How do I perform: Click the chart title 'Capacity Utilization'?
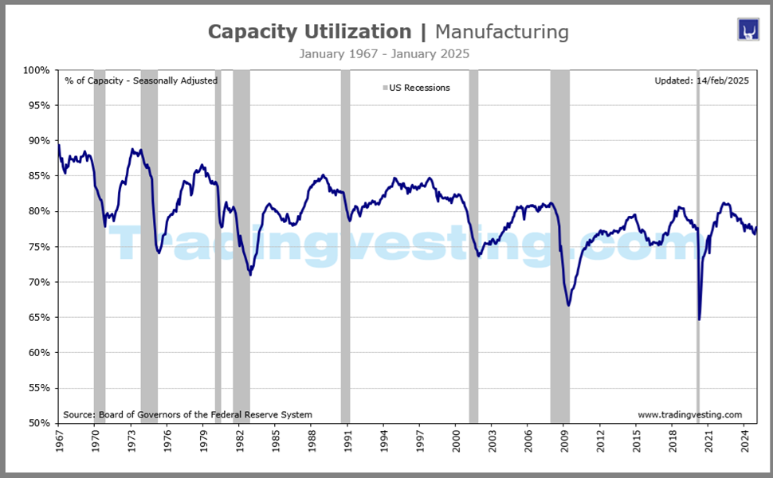point(309,32)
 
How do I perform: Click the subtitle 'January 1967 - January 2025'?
point(384,54)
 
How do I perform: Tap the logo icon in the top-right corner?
point(747,30)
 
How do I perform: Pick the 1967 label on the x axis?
point(59,443)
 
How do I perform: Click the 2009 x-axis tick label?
point(564,443)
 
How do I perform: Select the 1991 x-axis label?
point(347,443)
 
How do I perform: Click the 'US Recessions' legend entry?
point(418,88)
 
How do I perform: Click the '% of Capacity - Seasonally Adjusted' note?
point(141,80)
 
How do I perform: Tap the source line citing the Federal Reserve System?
point(187,414)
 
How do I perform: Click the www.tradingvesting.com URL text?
point(689,414)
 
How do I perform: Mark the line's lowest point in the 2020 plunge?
point(699,319)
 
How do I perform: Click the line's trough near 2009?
point(568,305)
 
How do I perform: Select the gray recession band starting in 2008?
point(559,239)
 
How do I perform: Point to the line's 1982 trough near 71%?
point(250,275)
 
